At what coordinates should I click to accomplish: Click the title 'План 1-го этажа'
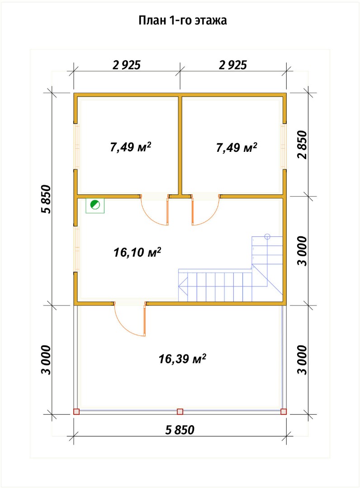183,20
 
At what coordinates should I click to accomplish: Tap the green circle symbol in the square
95,205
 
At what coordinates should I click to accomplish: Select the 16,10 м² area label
137,252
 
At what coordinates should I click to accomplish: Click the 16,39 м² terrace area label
183,359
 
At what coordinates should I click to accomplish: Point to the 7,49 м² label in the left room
131,147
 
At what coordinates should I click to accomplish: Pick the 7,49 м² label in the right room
237,147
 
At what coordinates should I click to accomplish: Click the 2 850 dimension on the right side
303,145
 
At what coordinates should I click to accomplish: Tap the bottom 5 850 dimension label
180,430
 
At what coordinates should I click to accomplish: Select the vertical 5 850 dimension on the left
46,199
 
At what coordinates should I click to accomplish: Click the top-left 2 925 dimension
127,65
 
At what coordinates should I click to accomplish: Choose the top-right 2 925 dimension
233,65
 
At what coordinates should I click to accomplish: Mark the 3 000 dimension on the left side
46,360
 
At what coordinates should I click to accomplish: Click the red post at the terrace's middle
180,412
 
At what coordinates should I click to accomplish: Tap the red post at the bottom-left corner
76,412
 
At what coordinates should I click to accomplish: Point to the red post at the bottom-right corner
284,412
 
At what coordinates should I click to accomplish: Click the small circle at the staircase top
267,236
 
